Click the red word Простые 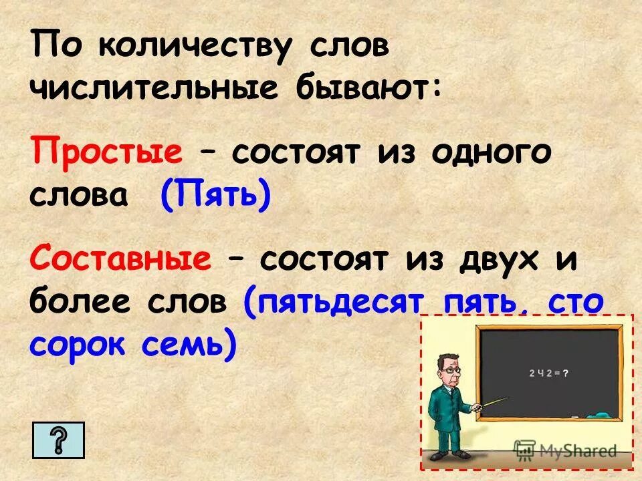click(106, 152)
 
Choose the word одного click(492, 152)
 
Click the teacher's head click(447, 367)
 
